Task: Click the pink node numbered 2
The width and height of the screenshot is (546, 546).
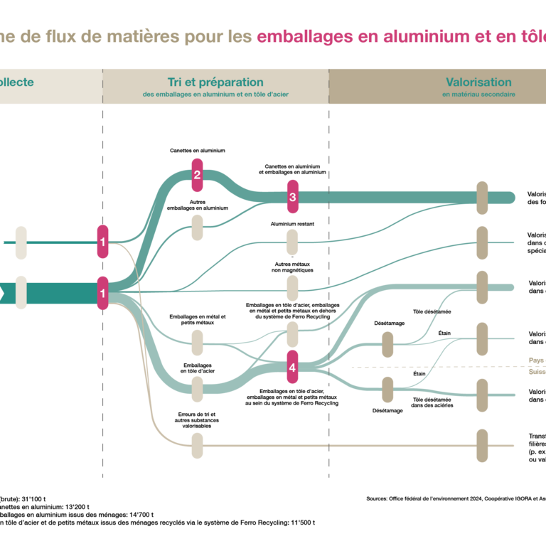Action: (x=197, y=175)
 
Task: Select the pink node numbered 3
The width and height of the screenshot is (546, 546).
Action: (x=292, y=197)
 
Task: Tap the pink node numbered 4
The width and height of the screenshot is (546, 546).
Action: (x=292, y=367)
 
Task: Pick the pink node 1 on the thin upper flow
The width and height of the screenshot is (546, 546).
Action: (x=102, y=242)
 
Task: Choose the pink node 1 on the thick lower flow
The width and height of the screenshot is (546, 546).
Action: (x=102, y=293)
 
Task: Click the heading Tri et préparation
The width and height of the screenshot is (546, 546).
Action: (x=215, y=82)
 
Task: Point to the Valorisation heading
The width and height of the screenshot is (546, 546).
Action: (x=478, y=82)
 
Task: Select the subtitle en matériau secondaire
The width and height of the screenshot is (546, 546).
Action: (x=478, y=95)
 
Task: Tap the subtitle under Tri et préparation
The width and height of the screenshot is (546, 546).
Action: (x=215, y=95)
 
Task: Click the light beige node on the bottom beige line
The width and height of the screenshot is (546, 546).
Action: (x=197, y=446)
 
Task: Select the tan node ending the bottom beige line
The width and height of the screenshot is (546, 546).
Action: (x=482, y=446)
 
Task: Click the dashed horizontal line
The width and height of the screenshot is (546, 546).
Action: (x=427, y=367)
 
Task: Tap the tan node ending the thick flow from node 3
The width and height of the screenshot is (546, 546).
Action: (x=482, y=198)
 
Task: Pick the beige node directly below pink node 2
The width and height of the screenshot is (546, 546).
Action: (x=197, y=227)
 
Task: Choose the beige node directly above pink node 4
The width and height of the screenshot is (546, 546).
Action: (x=292, y=334)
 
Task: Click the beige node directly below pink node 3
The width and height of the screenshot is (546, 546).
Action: (x=292, y=242)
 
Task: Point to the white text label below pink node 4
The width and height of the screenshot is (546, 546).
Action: (x=326, y=400)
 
